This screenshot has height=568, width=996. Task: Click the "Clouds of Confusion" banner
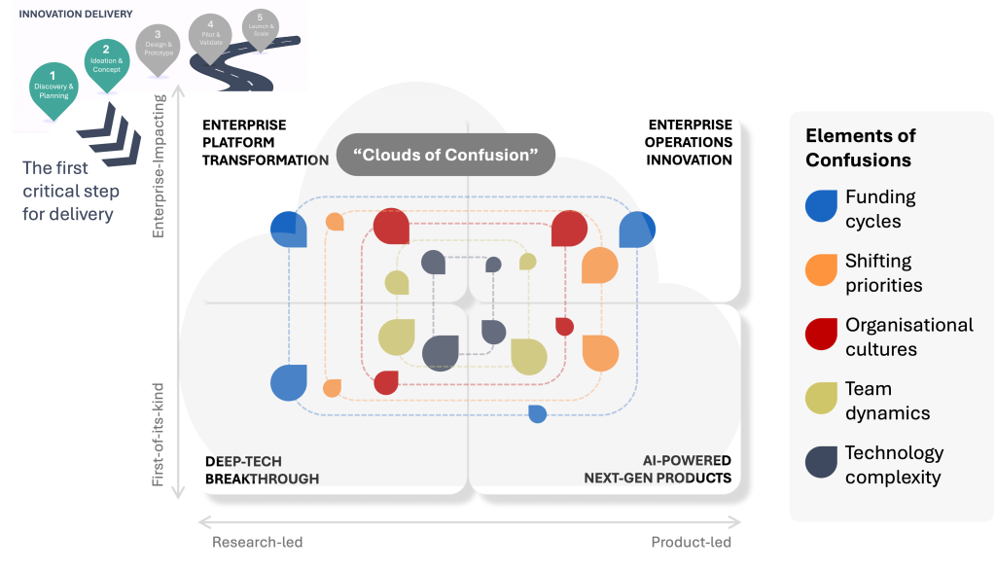(x=445, y=155)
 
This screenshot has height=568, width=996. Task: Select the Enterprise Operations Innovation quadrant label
(x=690, y=143)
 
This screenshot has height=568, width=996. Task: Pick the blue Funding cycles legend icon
(x=822, y=207)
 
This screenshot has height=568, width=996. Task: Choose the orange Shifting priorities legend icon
(x=822, y=271)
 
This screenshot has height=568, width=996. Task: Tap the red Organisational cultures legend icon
(x=822, y=336)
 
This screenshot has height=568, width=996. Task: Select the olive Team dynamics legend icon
(x=822, y=400)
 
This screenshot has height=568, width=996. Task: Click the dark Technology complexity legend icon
(x=822, y=464)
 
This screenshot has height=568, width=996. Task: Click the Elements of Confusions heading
(x=860, y=148)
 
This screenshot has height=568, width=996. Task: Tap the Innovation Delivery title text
(x=62, y=14)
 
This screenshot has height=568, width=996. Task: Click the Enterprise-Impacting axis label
(x=160, y=166)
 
